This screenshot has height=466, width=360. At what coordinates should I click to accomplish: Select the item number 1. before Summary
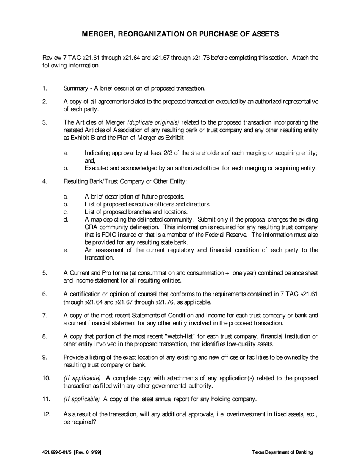click(x=44, y=88)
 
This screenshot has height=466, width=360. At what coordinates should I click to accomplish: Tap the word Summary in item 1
click(x=75, y=88)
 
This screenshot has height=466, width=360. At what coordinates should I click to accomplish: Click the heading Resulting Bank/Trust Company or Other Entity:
click(x=125, y=181)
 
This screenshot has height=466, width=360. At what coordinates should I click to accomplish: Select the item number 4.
click(x=44, y=181)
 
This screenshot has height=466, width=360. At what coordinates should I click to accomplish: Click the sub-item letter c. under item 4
click(x=66, y=212)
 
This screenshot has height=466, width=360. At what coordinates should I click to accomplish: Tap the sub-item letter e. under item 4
click(x=66, y=250)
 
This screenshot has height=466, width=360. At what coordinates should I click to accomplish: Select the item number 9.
click(x=44, y=357)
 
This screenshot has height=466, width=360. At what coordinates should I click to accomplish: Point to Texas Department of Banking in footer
click(x=282, y=452)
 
